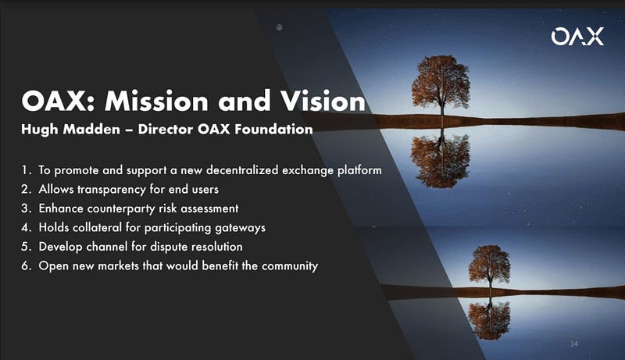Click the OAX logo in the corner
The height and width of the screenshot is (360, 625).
(577, 36)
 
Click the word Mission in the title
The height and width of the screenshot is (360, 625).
(156, 101)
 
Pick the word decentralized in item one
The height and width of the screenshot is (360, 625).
(242, 170)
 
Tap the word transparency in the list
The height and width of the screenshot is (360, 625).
(112, 190)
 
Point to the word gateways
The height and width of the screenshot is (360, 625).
(241, 228)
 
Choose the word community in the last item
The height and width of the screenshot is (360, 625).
(290, 266)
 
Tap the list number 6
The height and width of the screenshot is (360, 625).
(26, 266)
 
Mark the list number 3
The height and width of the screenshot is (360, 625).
(26, 209)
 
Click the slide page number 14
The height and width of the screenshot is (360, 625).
(574, 344)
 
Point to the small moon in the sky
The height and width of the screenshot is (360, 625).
(280, 27)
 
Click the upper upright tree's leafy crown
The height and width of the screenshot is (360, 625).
(441, 79)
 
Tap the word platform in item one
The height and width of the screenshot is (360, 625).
(359, 170)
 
